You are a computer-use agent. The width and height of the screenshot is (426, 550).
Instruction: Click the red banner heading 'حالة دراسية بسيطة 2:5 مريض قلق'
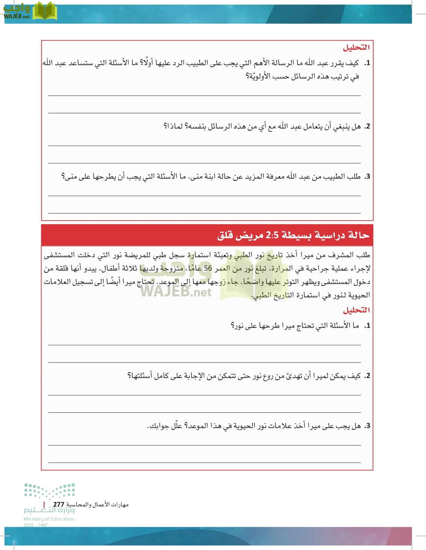click(x=293, y=235)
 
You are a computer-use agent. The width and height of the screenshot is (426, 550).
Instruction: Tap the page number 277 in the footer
click(x=59, y=504)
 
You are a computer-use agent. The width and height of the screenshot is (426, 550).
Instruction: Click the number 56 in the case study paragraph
click(x=208, y=269)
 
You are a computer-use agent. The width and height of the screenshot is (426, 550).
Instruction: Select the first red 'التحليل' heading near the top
click(x=356, y=48)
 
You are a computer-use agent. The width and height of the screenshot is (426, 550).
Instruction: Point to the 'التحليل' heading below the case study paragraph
click(x=356, y=310)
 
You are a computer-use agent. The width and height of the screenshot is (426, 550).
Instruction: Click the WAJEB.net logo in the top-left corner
click(x=30, y=12)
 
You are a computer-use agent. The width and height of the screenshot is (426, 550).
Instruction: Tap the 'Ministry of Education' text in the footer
click(x=49, y=519)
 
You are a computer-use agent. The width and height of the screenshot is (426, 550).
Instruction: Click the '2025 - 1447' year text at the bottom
click(x=35, y=525)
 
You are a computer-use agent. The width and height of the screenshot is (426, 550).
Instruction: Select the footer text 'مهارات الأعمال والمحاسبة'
click(x=97, y=504)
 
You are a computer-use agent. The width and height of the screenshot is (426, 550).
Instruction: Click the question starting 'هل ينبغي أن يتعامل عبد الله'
click(x=262, y=126)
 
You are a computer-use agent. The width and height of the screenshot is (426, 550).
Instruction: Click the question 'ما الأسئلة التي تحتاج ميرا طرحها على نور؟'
click(x=295, y=326)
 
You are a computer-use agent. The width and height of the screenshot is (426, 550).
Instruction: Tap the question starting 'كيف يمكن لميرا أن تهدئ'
click(x=244, y=376)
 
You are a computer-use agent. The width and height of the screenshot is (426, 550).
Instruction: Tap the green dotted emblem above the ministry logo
click(x=50, y=491)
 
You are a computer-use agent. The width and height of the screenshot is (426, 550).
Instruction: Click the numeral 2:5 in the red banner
click(x=272, y=235)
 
